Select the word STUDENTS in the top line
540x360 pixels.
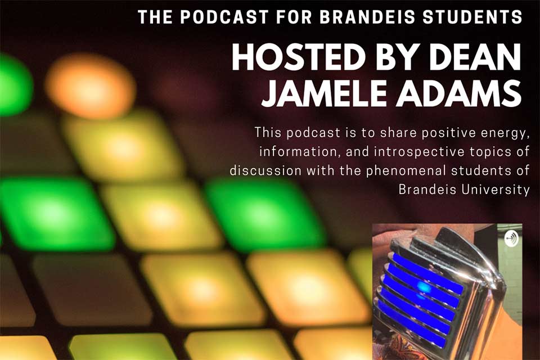click(x=472, y=17)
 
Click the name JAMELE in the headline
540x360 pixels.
click(x=325, y=93)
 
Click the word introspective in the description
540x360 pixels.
click(x=416, y=152)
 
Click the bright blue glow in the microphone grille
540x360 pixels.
click(x=424, y=287)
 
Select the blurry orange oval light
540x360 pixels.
click(x=90, y=86)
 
